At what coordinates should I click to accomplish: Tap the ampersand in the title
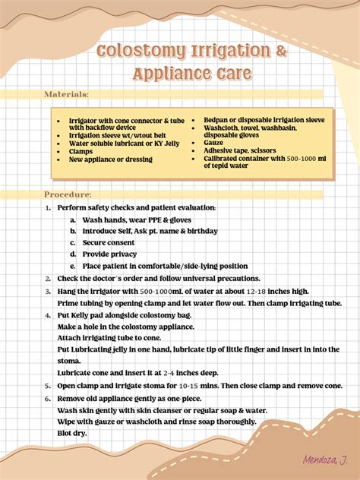[259, 52]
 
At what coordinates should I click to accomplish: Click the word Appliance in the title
[168, 74]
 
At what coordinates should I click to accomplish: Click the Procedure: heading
[68, 194]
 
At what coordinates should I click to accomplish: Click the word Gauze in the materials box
[213, 142]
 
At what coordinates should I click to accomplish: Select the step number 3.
[47, 291]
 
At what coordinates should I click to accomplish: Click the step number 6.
[47, 397]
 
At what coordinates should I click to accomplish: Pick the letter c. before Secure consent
[73, 243]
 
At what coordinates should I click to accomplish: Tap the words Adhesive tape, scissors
[240, 150]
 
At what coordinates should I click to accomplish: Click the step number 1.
[47, 207]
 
